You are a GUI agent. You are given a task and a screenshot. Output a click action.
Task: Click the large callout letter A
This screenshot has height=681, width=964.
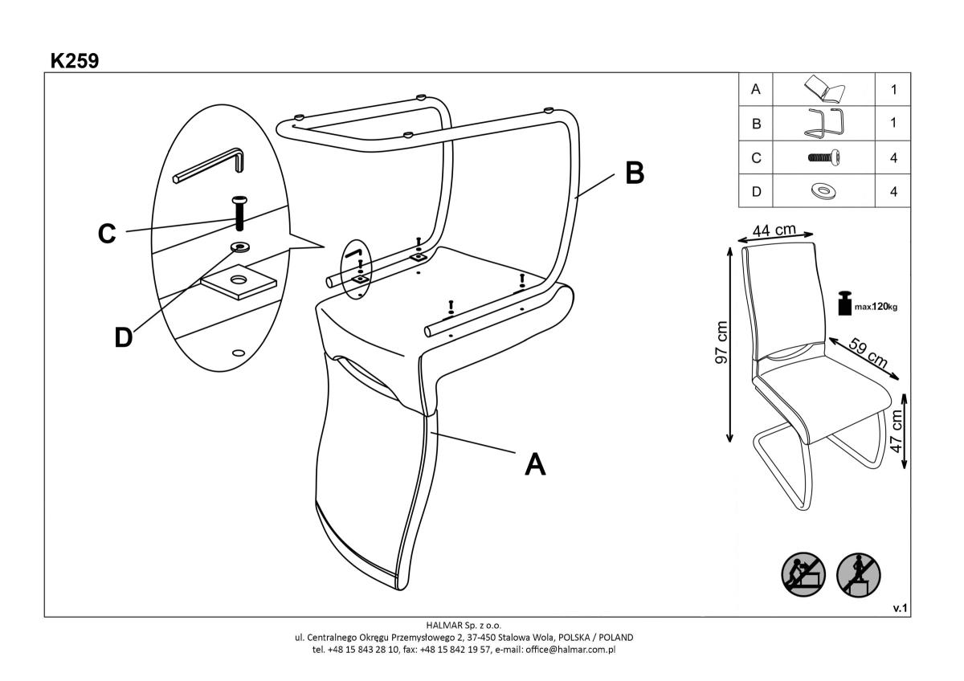534,463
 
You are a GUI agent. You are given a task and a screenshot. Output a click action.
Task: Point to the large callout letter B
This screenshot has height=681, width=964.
635,173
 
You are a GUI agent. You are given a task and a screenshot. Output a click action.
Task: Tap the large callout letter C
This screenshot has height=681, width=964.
107,234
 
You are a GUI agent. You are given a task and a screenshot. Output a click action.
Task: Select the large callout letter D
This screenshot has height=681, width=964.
123,337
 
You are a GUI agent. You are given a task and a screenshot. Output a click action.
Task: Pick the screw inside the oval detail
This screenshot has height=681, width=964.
239,213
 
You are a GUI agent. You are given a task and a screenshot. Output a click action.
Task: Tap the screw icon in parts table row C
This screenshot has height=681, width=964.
823,158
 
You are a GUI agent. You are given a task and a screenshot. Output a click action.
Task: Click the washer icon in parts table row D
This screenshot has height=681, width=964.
823,192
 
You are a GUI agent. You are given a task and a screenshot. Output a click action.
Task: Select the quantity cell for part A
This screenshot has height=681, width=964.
893,90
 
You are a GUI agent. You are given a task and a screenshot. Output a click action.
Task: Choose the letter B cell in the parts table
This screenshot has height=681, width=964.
755,124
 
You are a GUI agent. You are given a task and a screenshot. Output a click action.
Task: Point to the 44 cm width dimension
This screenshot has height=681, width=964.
774,230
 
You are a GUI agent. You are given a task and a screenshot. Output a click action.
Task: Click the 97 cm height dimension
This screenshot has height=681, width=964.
722,343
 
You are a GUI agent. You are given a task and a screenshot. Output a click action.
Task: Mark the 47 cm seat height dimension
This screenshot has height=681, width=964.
897,431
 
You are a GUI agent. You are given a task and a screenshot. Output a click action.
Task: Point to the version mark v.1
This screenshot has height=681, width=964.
900,609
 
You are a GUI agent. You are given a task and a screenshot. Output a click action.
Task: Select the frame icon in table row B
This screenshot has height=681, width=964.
823,123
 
